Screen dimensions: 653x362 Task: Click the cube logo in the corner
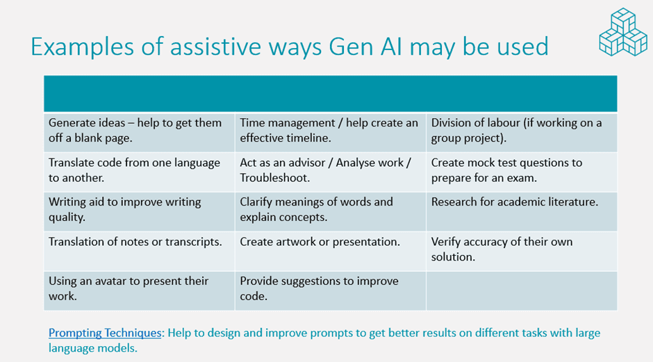pyautogui.click(x=623, y=32)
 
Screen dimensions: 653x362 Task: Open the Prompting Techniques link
pyautogui.click(x=104, y=333)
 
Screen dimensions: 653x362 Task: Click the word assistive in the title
pyautogui.click(x=215, y=47)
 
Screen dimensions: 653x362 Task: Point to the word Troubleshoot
pyautogui.click(x=274, y=178)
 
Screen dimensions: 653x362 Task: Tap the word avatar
pyautogui.click(x=110, y=281)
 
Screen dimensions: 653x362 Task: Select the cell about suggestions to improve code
pyautogui.click(x=330, y=290)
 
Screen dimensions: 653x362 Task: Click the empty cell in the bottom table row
pyautogui.click(x=522, y=290)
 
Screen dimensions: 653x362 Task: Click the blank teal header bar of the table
pyautogui.click(x=330, y=94)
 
